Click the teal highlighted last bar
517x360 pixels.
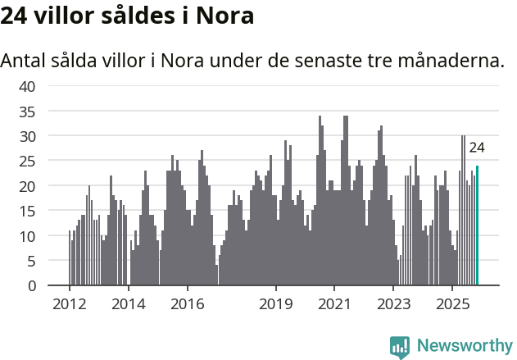click(477, 226)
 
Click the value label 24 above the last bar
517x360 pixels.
click(477, 148)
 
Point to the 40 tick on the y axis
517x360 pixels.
click(28, 85)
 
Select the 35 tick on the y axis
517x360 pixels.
click(28, 111)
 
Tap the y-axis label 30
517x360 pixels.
click(28, 135)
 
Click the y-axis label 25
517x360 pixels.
click(28, 161)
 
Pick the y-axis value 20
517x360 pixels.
click(28, 186)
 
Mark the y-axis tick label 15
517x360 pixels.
click(28, 211)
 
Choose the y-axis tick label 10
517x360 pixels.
click(28, 236)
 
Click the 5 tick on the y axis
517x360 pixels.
click(32, 261)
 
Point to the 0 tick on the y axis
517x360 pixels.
click(32, 286)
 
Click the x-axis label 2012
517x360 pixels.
click(69, 303)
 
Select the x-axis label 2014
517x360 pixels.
click(129, 303)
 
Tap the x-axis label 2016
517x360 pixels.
click(188, 303)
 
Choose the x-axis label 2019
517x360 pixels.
click(276, 303)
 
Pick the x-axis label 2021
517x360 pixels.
click(334, 303)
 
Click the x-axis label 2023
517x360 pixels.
click(393, 303)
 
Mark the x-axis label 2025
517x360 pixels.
click(452, 303)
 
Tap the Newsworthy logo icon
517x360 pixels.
click(400, 347)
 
